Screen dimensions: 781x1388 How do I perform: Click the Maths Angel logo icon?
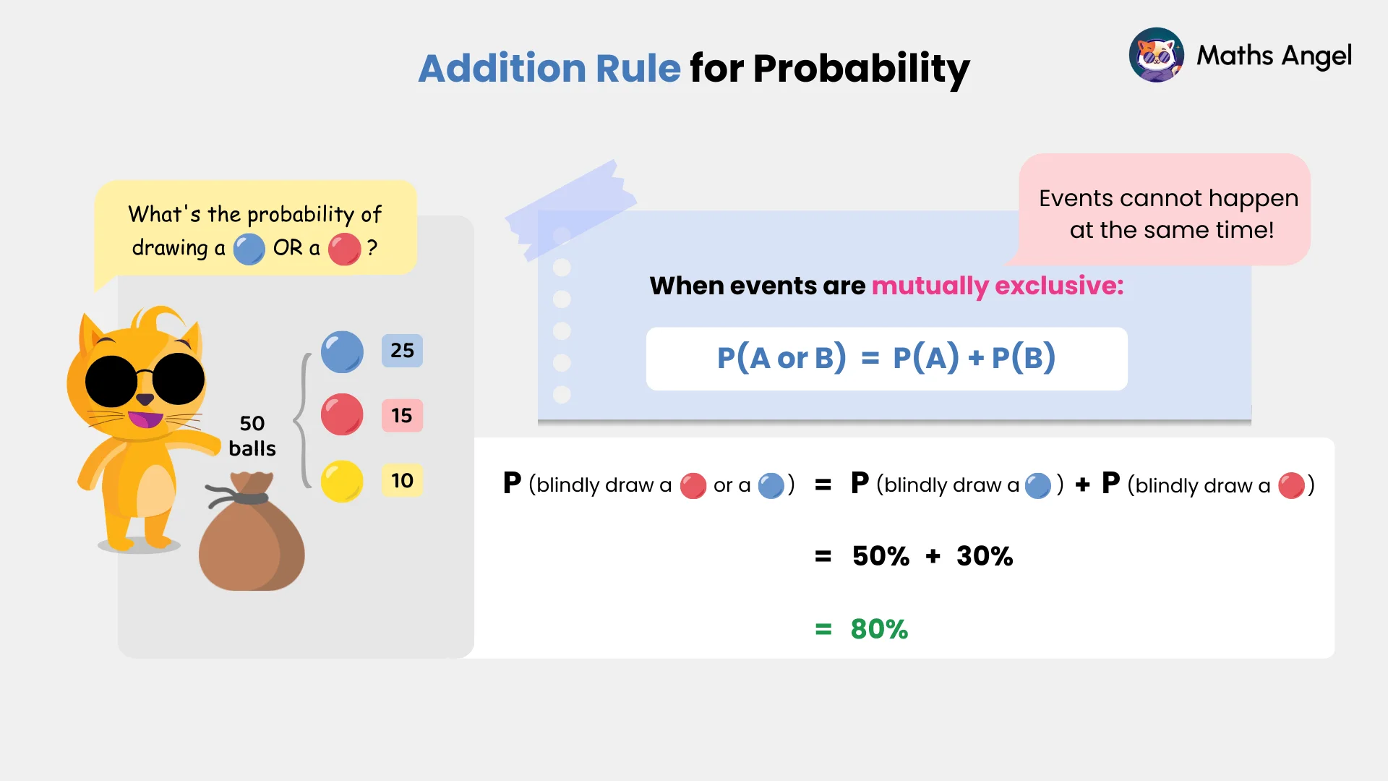point(1156,55)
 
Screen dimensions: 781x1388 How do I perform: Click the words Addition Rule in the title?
point(549,69)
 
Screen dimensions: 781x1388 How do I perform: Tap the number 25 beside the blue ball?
point(402,351)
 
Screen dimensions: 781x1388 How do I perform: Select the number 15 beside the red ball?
point(402,416)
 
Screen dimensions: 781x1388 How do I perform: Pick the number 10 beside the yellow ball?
point(402,481)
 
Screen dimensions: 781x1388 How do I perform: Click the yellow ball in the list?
point(342,481)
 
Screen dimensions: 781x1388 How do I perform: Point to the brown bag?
point(251,539)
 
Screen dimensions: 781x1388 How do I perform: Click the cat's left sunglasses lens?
point(111,381)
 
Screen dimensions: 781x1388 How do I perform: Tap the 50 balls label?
point(252,435)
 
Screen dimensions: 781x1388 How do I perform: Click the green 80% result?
point(878,629)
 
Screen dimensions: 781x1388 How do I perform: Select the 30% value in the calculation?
point(984,556)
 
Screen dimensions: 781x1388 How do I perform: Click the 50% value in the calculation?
point(881,556)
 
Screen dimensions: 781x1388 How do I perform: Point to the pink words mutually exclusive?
point(997,286)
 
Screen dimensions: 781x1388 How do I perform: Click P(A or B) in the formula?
point(781,358)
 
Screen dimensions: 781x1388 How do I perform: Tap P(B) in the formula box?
point(1023,358)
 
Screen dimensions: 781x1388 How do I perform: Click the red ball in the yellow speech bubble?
point(344,249)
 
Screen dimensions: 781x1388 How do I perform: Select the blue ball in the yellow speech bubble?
point(249,249)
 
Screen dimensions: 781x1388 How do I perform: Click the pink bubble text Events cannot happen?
point(1168,198)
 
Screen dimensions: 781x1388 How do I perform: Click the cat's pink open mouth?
point(145,419)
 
